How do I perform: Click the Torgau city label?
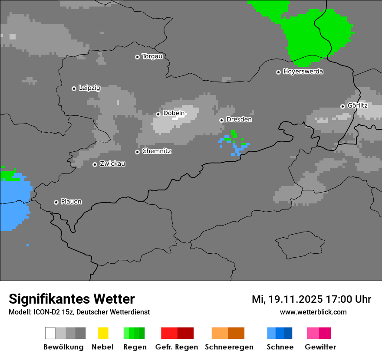(x=152, y=56)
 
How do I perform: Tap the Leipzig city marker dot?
(x=74, y=88)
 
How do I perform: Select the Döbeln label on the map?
(x=174, y=114)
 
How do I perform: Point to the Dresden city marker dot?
(x=221, y=120)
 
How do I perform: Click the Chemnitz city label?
(x=156, y=151)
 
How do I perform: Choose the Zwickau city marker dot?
(x=95, y=164)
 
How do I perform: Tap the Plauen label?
(x=71, y=202)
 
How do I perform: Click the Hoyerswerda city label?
(x=303, y=72)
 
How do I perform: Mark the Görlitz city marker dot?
(x=342, y=106)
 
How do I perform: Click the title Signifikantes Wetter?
(x=72, y=299)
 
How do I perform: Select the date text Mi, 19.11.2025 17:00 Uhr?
(x=311, y=299)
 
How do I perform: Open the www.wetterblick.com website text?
(x=313, y=312)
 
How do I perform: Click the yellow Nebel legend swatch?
(x=103, y=333)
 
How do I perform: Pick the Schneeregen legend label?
(x=229, y=347)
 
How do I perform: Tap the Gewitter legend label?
(x=320, y=347)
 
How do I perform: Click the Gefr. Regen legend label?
(x=177, y=347)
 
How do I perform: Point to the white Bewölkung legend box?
(x=50, y=333)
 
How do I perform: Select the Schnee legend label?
(x=280, y=347)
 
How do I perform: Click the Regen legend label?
(x=134, y=347)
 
